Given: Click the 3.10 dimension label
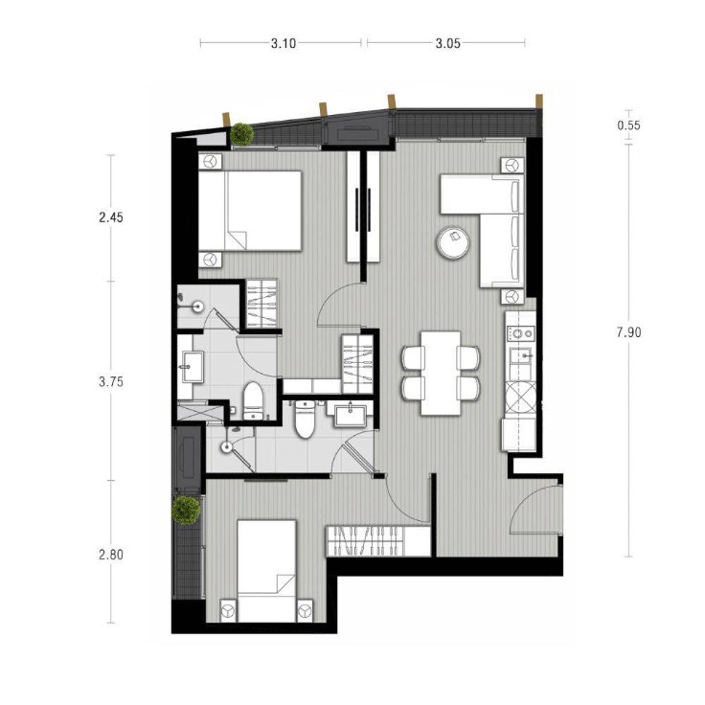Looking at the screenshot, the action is coord(284,44).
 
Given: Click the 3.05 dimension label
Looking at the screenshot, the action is coord(448,44).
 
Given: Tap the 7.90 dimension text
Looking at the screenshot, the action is coord(628,332).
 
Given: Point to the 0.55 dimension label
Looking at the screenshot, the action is coord(628,125).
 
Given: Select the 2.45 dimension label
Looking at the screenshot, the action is coord(111,217).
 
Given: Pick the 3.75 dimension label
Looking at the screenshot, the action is coord(111,382).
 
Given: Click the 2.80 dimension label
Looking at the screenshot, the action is coord(111,555).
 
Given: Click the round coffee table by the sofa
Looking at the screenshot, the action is coord(453,242).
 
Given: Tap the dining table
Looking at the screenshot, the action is coord(441,373).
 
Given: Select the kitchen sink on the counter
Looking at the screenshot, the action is coord(521,355).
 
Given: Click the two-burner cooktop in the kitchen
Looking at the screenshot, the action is coord(521,333).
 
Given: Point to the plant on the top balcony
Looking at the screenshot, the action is coord(242,134).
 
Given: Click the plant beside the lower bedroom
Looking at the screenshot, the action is coord(186,511).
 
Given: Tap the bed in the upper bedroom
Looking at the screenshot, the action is coord(250,210).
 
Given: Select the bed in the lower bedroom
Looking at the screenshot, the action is coord(266,571).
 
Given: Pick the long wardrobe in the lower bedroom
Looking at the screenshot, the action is coord(378,541).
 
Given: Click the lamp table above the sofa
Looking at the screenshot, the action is coord(512,165).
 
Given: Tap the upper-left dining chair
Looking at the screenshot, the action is coord(414,357).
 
